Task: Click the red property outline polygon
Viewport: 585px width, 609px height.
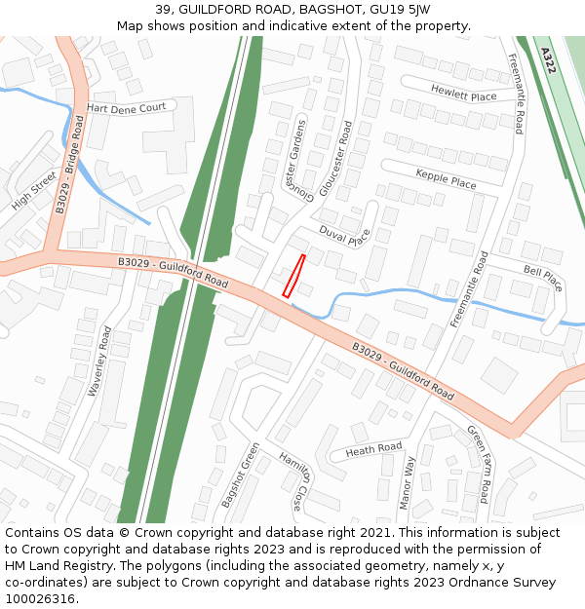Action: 293,276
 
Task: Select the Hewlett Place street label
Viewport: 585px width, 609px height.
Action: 463,93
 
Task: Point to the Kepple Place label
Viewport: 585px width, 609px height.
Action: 446,178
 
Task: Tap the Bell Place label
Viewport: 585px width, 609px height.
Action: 543,277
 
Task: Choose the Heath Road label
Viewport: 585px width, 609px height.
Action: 373,449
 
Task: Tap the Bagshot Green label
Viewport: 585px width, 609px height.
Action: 240,475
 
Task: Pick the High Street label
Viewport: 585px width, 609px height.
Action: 34,189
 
